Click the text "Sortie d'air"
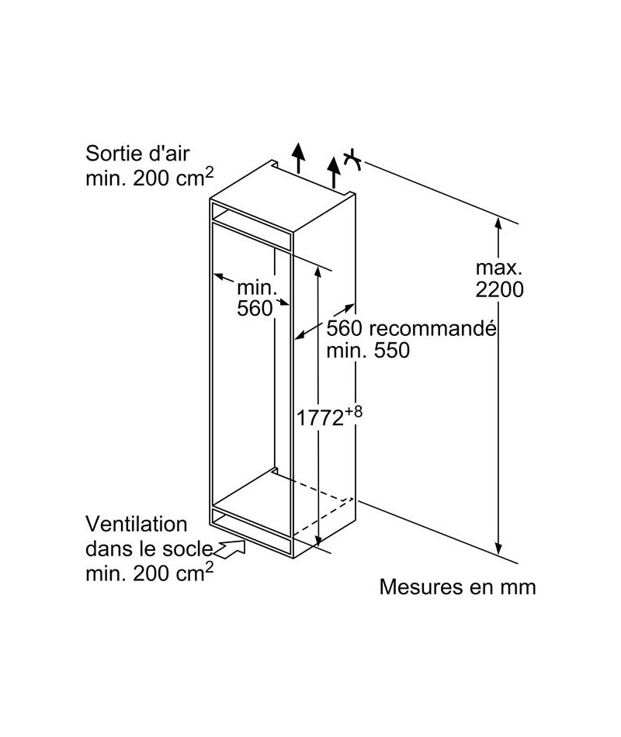click(x=137, y=154)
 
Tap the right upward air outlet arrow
click(x=334, y=172)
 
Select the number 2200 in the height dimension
click(x=499, y=289)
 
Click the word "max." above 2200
click(x=499, y=268)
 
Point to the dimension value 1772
click(x=320, y=418)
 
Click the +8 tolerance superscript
click(x=354, y=412)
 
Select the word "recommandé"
click(x=432, y=328)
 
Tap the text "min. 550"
click(x=368, y=350)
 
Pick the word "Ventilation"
click(x=137, y=524)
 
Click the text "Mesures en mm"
click(x=457, y=587)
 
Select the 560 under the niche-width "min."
click(x=255, y=308)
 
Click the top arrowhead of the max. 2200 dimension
click(x=498, y=223)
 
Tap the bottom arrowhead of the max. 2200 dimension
click(x=498, y=548)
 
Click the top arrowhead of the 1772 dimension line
click(x=318, y=272)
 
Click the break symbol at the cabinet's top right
click(x=352, y=161)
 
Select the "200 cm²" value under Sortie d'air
click(x=173, y=177)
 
